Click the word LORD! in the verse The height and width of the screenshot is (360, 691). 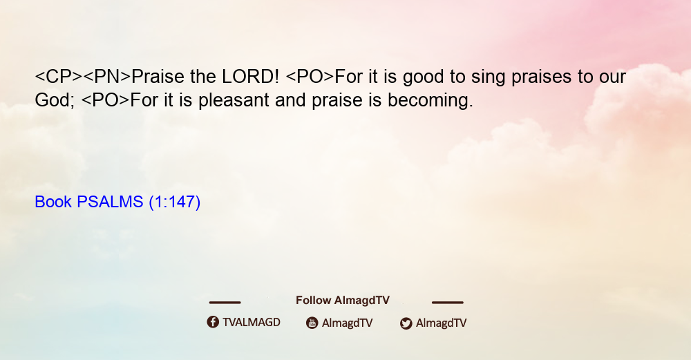point(250,77)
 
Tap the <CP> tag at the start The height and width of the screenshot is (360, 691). point(59,77)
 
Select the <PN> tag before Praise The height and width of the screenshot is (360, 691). point(107,77)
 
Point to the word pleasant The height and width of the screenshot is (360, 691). point(234,100)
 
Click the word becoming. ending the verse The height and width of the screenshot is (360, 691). point(430,100)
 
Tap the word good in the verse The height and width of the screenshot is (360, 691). point(424,77)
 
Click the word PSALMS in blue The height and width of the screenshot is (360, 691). point(110,202)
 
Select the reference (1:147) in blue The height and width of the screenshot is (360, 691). point(175,202)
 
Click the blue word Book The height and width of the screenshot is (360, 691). point(53,202)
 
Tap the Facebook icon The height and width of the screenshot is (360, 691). point(213,322)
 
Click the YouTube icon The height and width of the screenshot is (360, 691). point(312,323)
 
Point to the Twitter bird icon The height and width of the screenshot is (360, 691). point(406,323)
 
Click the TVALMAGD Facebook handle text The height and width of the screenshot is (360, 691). point(252,323)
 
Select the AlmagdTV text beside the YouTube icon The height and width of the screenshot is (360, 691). point(348,323)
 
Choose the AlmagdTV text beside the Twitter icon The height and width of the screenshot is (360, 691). point(441,323)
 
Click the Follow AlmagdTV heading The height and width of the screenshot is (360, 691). point(343,301)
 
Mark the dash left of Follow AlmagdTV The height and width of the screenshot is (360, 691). point(225,303)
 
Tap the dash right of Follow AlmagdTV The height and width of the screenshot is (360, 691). point(448,303)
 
